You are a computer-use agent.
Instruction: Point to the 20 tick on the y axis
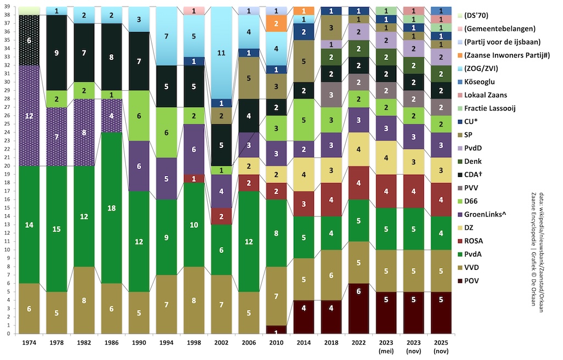click(x=9, y=165)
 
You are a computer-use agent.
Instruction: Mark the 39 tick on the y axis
click(x=9, y=7)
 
